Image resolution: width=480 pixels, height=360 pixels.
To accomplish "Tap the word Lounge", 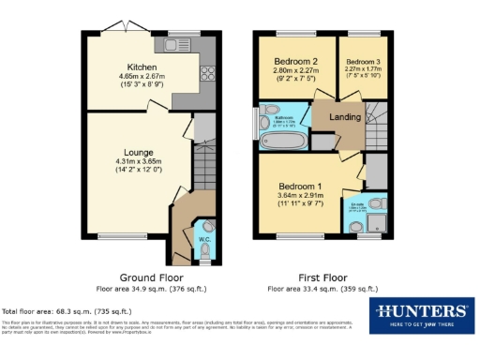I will pos(138,152).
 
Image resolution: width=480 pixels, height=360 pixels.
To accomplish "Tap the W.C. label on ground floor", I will pos(202,239).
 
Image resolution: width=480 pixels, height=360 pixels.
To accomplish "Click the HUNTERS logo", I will pos(422,311).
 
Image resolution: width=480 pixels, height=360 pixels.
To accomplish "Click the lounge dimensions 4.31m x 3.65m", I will pos(138,163).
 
